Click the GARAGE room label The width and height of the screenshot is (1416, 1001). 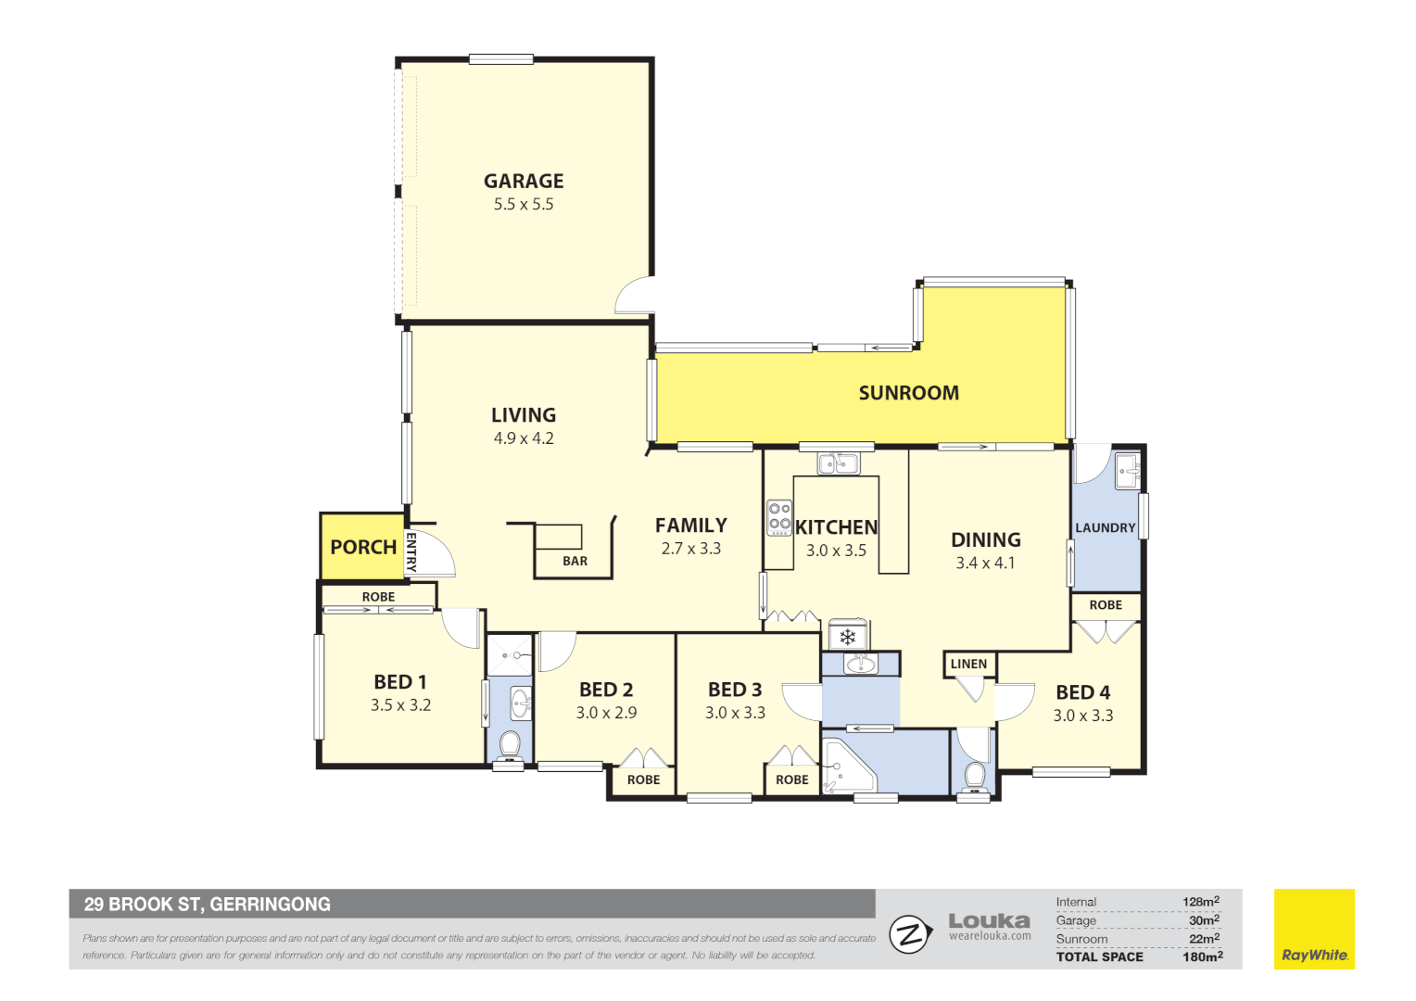524,181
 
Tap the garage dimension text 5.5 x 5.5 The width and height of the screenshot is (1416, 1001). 524,205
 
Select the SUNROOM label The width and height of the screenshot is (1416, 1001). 908,393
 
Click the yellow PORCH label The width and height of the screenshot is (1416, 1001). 363,547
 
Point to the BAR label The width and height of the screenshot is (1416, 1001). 575,561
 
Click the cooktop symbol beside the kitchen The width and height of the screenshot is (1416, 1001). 779,517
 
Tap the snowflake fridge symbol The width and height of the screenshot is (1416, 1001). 847,637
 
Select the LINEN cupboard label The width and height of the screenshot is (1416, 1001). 968,664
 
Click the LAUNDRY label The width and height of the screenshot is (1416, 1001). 1105,527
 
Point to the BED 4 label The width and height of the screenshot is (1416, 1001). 1082,692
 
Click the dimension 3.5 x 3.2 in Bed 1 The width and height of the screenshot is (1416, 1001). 400,705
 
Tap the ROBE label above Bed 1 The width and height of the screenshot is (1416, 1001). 378,597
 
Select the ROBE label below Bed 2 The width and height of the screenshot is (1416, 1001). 643,779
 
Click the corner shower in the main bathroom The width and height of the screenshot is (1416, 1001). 843,765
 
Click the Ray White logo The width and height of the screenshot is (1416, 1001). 1314,930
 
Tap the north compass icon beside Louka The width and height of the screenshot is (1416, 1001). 909,934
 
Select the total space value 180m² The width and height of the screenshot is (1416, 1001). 1202,957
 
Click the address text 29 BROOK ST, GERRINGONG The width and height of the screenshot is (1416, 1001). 208,904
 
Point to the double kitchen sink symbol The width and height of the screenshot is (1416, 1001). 838,462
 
